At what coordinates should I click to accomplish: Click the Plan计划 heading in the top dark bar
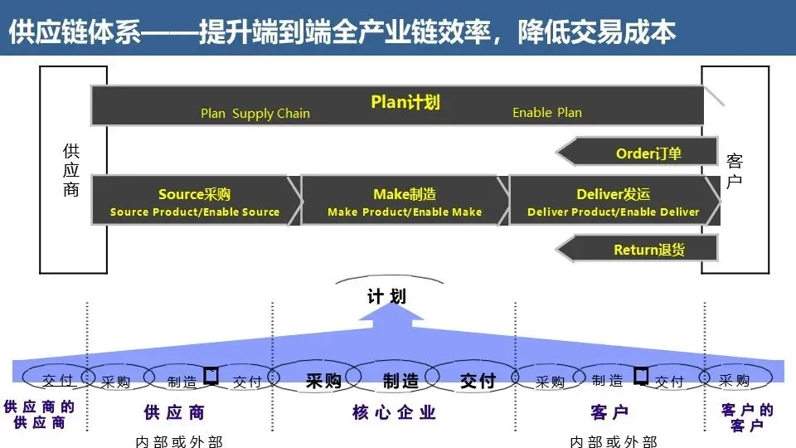click(405, 102)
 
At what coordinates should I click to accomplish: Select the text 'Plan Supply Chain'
click(255, 114)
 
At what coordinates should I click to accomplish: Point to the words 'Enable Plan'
click(547, 113)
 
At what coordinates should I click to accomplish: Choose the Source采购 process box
click(195, 202)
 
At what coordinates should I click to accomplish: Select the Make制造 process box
click(405, 202)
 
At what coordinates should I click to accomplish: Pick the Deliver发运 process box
click(614, 202)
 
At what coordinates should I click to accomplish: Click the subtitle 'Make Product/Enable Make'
click(405, 212)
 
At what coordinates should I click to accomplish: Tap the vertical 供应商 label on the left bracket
click(71, 171)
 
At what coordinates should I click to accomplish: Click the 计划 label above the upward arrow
click(387, 296)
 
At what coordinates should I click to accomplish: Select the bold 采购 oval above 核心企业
click(323, 381)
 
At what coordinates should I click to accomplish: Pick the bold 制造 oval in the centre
click(400, 381)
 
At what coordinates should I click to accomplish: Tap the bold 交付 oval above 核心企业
click(478, 381)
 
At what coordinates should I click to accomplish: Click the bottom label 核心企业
click(395, 412)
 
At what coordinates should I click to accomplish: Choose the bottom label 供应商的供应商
click(39, 415)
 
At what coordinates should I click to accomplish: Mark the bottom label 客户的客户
click(747, 417)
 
